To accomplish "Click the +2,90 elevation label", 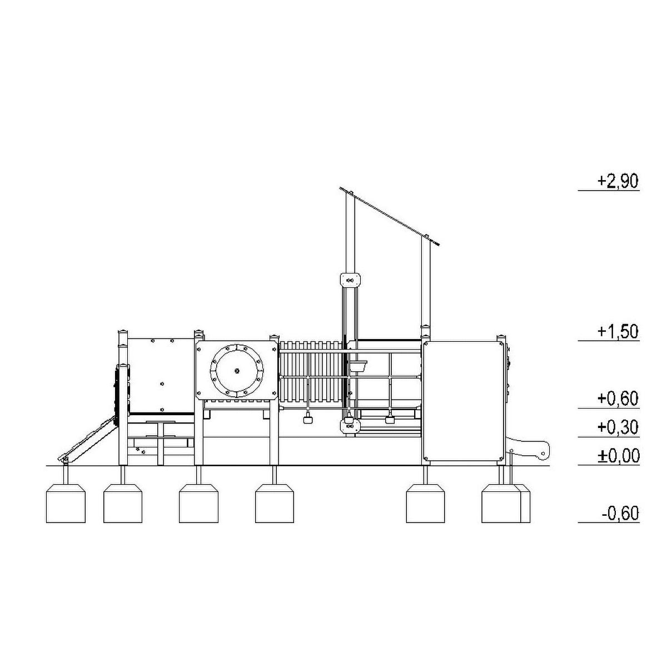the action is (618, 181).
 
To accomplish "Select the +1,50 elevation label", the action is (618, 332).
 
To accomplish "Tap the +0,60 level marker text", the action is (618, 399).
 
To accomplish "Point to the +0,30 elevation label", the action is (618, 427).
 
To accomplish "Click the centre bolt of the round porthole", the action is (237, 371).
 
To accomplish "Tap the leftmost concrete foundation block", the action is (66, 503).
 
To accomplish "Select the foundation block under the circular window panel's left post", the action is (198, 503).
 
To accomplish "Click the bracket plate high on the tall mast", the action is (351, 280).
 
